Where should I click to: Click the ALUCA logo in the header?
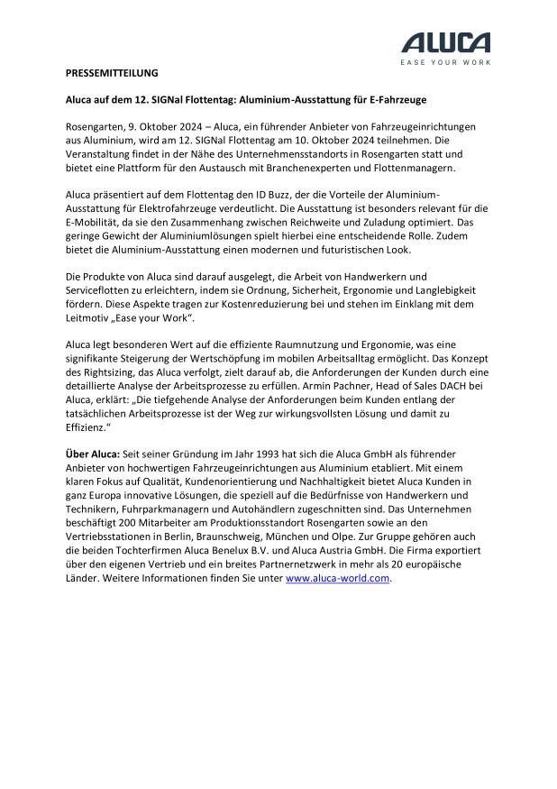(x=446, y=42)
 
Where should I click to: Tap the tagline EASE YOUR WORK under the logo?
(x=446, y=62)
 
